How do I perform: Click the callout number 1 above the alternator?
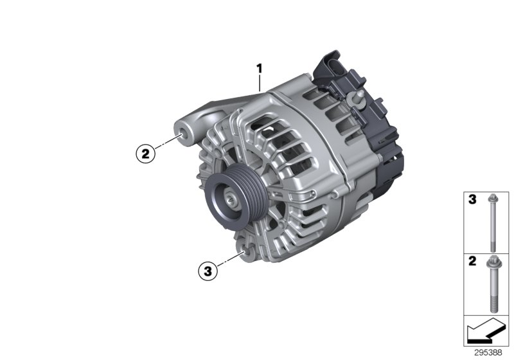click(x=260, y=67)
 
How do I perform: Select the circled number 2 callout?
click(x=145, y=153)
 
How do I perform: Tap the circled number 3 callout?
click(x=207, y=271)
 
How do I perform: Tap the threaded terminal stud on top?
click(x=358, y=98)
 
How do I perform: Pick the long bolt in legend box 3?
click(x=492, y=222)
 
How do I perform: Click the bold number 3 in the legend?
click(x=472, y=201)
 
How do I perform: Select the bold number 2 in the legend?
click(x=472, y=262)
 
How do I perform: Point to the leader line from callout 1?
click(x=260, y=82)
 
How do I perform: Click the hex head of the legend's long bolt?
click(x=492, y=198)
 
